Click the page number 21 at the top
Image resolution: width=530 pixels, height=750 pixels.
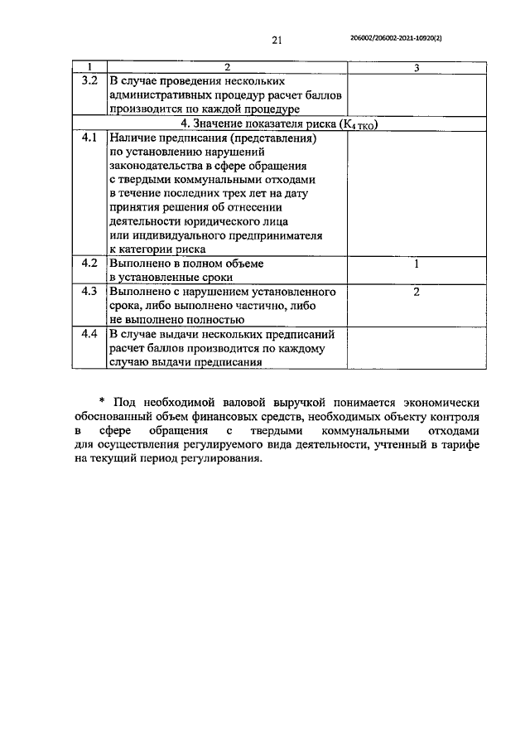(277, 40)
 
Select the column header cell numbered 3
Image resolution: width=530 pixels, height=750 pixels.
(416, 67)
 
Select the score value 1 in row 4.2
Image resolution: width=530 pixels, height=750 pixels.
(416, 264)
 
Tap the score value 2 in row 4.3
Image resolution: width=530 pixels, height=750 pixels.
(416, 293)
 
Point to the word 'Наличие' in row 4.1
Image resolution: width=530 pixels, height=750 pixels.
(132, 138)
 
